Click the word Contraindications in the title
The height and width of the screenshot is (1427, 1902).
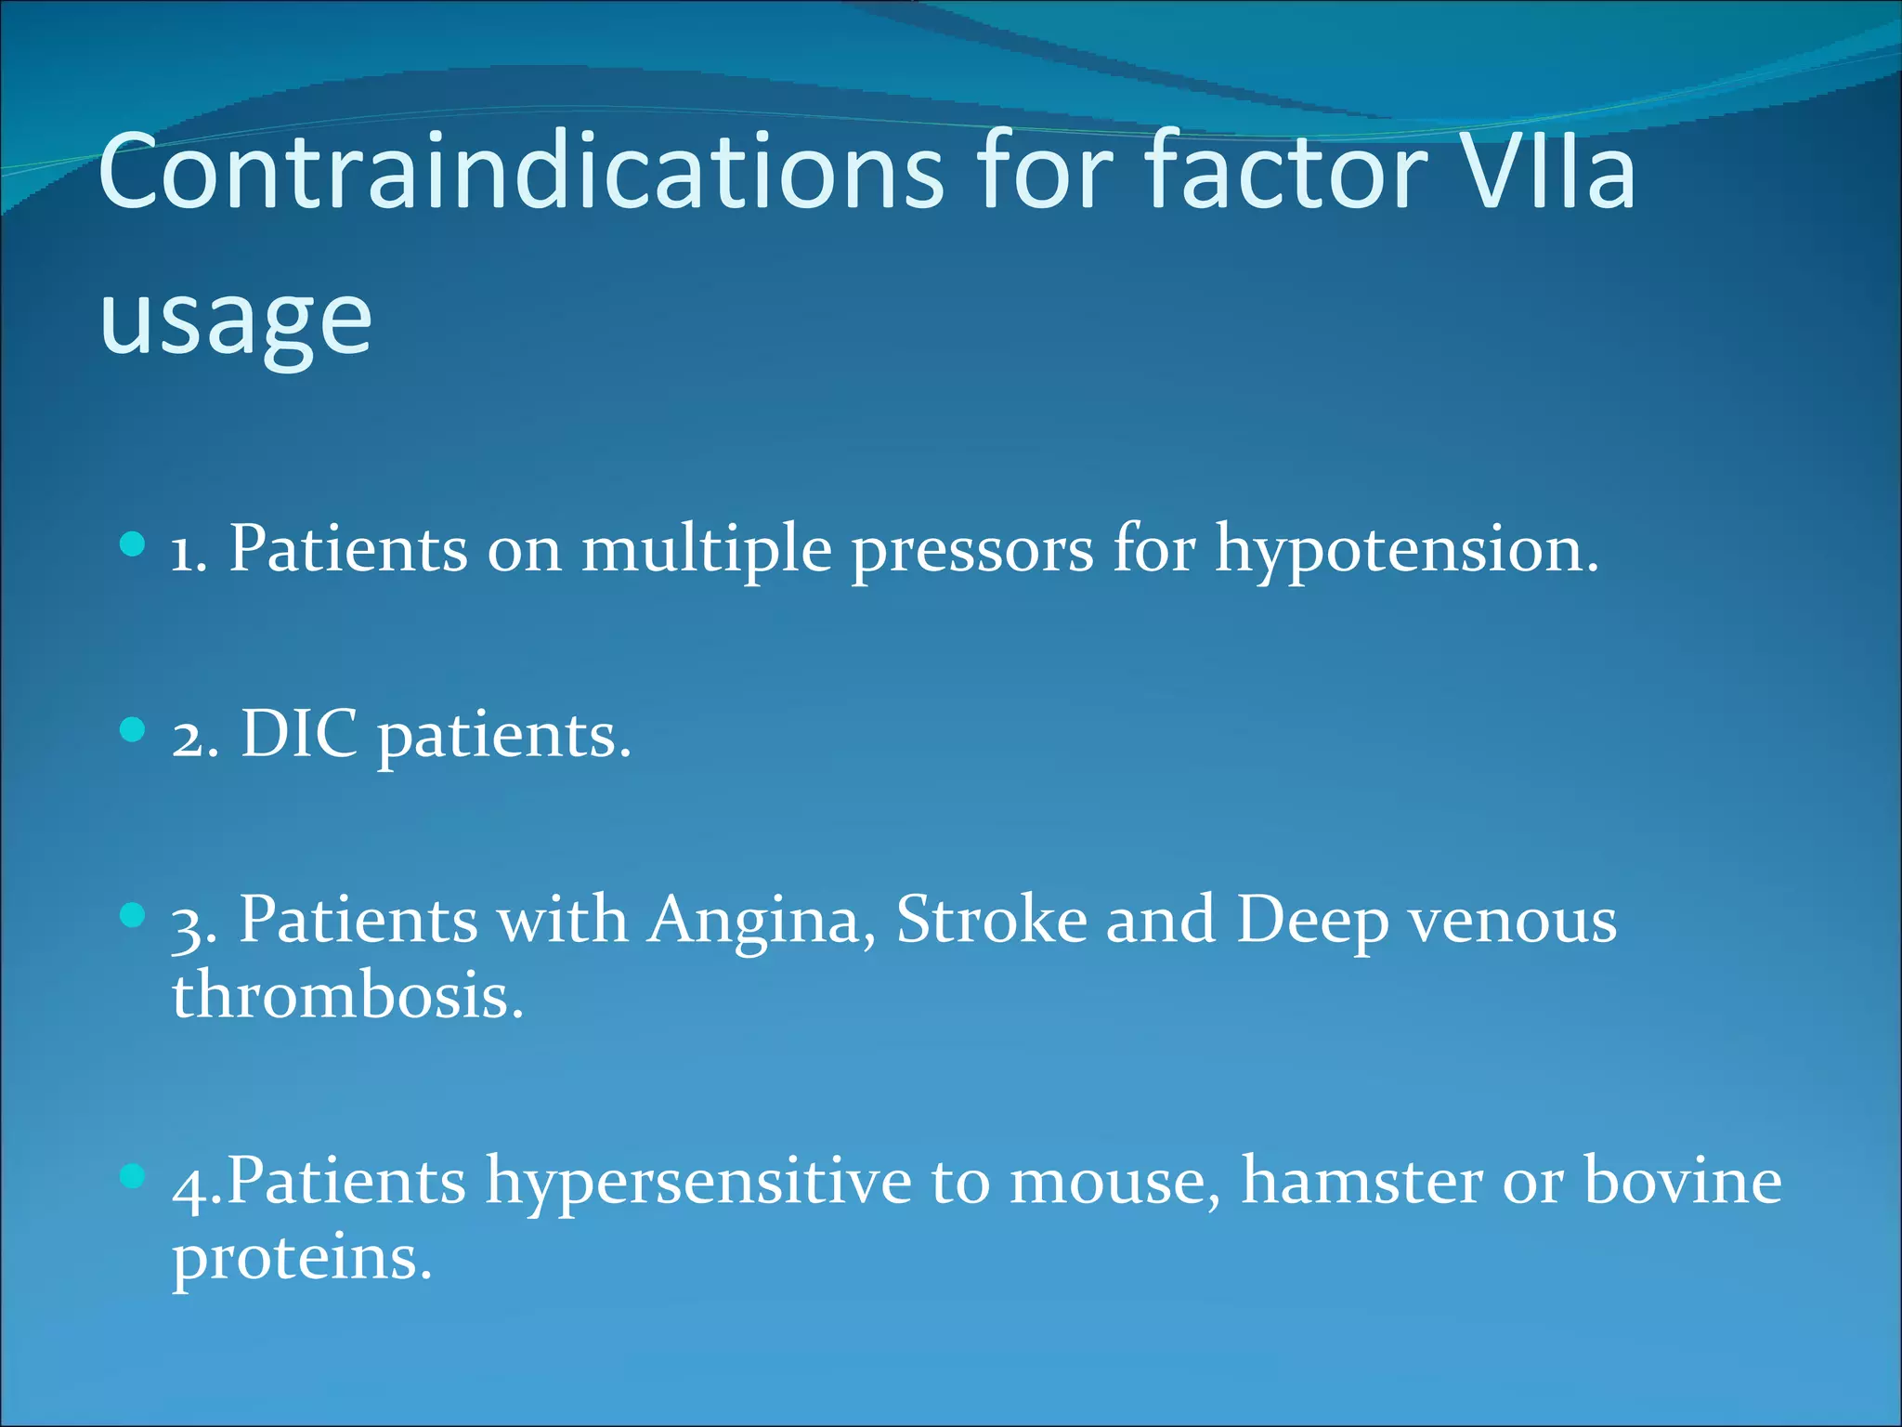click(x=520, y=172)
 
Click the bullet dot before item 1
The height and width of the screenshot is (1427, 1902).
click(x=134, y=543)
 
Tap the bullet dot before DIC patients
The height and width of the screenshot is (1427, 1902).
click(x=134, y=729)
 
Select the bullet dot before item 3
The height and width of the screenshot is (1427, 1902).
click(x=134, y=915)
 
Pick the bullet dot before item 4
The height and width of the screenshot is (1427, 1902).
click(x=134, y=1176)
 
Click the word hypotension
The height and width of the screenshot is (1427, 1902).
click(x=1406, y=550)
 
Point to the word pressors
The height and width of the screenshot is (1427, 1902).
click(x=972, y=550)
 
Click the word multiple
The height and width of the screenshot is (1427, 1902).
click(x=706, y=550)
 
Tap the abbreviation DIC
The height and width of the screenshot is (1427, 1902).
click(x=299, y=735)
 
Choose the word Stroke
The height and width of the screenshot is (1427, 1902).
click(x=991, y=921)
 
